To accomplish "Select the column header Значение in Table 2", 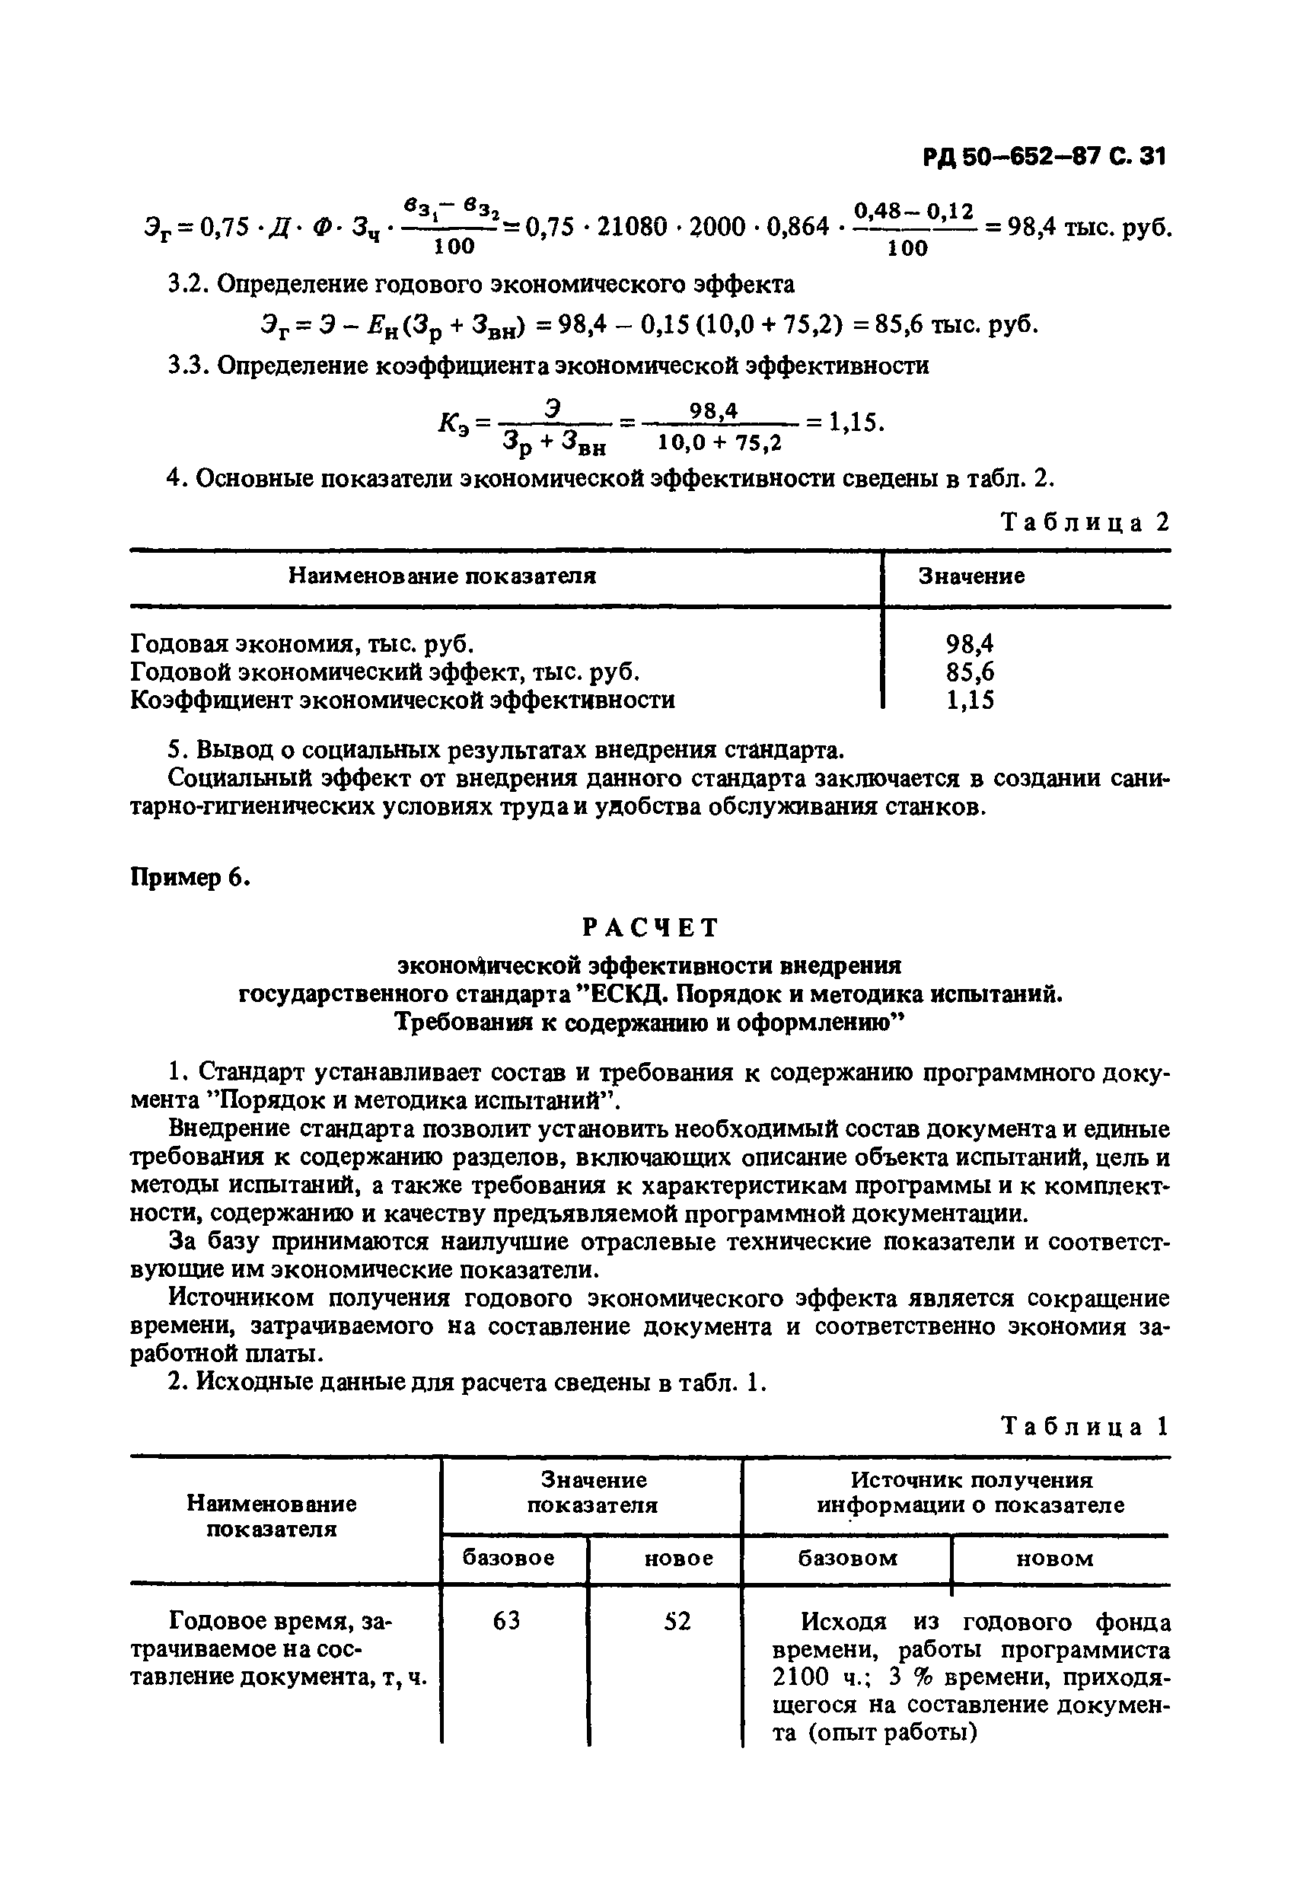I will click(971, 576).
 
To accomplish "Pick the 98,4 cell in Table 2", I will click(970, 644).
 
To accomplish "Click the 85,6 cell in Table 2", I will click(970, 672).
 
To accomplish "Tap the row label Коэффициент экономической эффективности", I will click(403, 700).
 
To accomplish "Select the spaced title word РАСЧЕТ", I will click(650, 927).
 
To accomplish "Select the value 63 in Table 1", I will click(506, 1622).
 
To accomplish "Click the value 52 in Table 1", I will click(677, 1622).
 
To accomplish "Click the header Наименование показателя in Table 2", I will click(442, 576).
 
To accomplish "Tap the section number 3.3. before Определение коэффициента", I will click(189, 365).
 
